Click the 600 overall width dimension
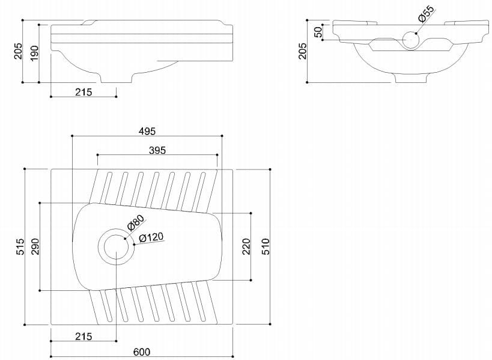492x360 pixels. click(x=142, y=352)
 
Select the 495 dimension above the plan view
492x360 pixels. click(x=147, y=131)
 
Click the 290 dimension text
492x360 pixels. click(x=35, y=246)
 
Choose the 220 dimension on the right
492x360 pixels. click(x=246, y=246)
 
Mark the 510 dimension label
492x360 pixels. click(x=267, y=246)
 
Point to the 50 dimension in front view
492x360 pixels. click(x=318, y=32)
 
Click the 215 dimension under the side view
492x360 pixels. click(x=84, y=92)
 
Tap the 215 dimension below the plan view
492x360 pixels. click(x=84, y=337)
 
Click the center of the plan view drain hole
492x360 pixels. click(x=115, y=246)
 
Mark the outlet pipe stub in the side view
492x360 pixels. click(x=116, y=78)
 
